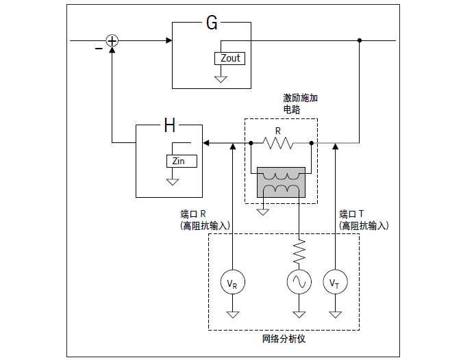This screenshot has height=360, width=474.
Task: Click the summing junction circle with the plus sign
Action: coord(112,41)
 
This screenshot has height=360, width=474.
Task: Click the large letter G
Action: coord(212,23)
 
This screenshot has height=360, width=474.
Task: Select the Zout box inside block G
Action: coord(230,58)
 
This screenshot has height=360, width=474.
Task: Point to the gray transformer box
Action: coord(281,183)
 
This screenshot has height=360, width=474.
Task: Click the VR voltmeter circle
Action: coord(233,281)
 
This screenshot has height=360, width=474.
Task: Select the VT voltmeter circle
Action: coord(335,281)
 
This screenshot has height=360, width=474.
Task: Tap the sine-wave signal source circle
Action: coord(299,281)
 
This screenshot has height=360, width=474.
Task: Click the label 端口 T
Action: coord(353,213)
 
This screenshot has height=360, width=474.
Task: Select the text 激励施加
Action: coord(300,98)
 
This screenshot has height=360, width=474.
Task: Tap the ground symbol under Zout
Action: coord(221,79)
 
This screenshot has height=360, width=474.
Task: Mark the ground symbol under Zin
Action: coord(173,181)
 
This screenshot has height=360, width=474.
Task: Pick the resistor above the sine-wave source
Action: coord(299,251)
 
